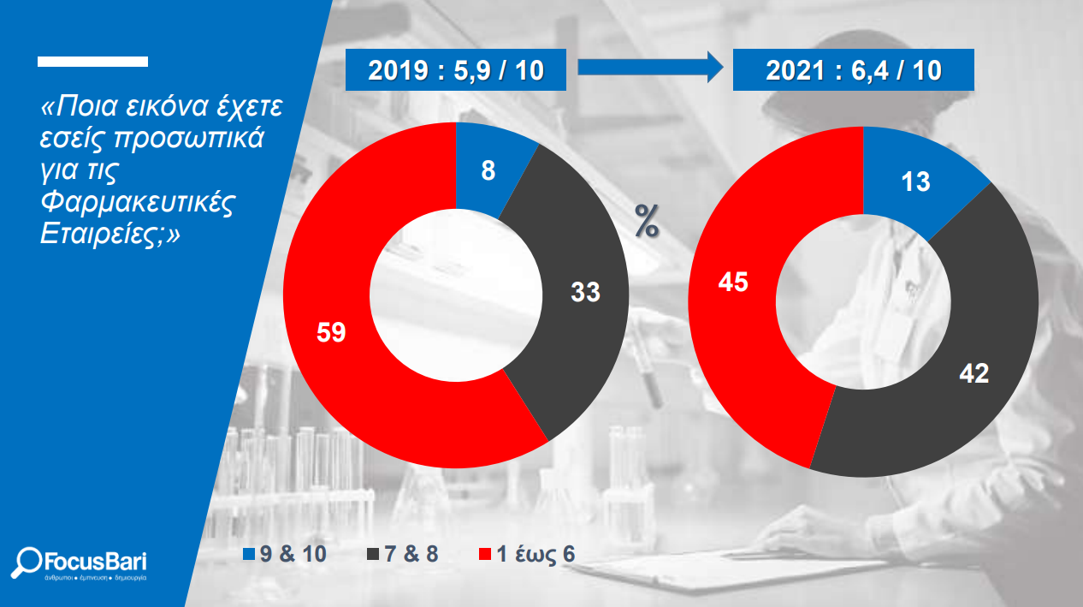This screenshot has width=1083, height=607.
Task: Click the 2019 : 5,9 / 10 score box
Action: [x=456, y=70]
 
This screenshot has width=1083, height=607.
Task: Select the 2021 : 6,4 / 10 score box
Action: [x=854, y=70]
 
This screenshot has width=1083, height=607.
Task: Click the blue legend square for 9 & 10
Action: [x=248, y=554]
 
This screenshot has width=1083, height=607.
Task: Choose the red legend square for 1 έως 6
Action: [x=484, y=554]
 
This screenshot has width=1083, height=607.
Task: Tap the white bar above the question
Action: [x=92, y=62]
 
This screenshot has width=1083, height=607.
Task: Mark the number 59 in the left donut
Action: [x=331, y=332]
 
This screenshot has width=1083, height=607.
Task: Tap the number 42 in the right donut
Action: [x=974, y=374]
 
